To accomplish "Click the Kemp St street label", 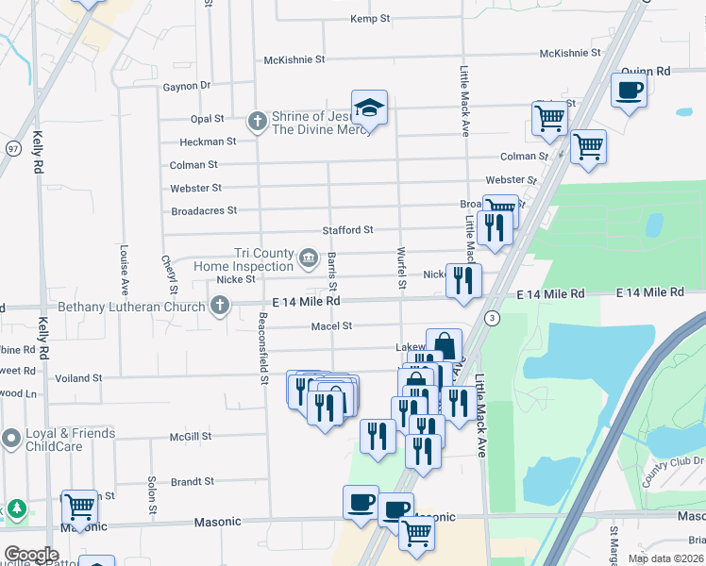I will click(x=370, y=19).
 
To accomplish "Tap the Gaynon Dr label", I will click(x=186, y=86).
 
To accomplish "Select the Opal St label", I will click(x=207, y=119).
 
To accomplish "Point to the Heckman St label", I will click(x=208, y=142).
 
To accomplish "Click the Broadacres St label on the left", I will click(x=204, y=210).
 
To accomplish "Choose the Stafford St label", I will click(x=347, y=229).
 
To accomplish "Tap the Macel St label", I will click(x=331, y=326).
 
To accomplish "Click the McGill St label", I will click(x=191, y=437).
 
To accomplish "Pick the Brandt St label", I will click(x=193, y=481).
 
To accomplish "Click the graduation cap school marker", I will click(x=370, y=110).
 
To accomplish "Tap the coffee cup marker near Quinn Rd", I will click(x=629, y=92).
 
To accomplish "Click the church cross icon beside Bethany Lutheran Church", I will click(x=219, y=305).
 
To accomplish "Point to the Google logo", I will click(x=31, y=554).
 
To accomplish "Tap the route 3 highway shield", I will click(x=492, y=320).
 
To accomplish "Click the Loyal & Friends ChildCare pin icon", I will click(x=11, y=439).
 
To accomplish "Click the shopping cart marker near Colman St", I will click(x=588, y=146).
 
